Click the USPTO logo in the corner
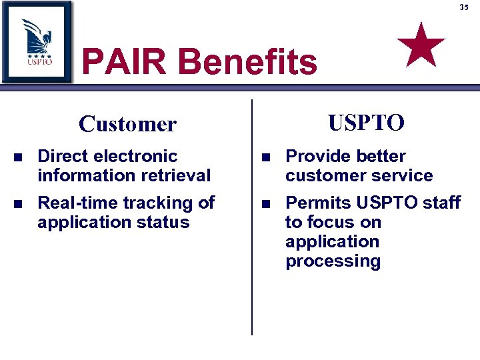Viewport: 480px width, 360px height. coord(37,41)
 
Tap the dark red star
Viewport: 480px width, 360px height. coord(421,44)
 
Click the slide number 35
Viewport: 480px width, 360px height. coord(464,7)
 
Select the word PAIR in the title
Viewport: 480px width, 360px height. coord(125,63)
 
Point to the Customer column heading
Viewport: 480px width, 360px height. coord(127,124)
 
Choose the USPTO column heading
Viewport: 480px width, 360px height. coord(366,123)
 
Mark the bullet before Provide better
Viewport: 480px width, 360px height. coord(266,157)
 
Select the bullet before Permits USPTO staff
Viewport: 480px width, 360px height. coord(266,203)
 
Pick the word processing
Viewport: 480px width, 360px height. coord(333,261)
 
